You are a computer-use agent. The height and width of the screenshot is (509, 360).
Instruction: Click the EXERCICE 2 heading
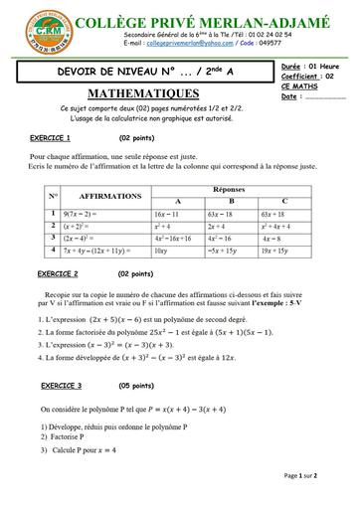click(x=58, y=272)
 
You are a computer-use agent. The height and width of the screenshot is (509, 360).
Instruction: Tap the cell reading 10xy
click(x=161, y=254)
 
